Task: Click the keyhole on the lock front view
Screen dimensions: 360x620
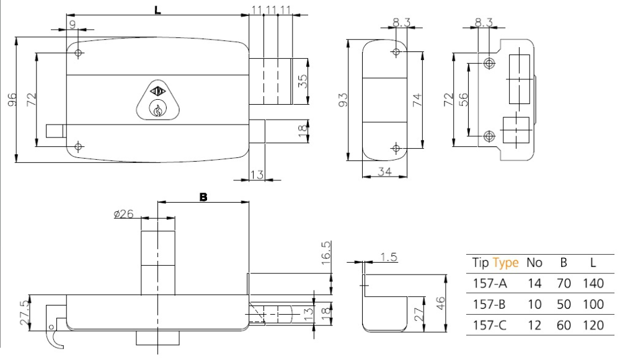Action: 157,110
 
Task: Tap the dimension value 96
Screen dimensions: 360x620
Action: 11,100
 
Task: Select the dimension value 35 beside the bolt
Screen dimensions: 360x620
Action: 303,81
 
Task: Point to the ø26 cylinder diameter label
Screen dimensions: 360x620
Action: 124,214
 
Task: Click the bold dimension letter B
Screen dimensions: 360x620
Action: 203,197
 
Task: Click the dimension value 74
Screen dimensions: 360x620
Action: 417,99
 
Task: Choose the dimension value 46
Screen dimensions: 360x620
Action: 441,302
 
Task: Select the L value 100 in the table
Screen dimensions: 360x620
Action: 593,304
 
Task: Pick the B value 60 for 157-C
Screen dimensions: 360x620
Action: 564,325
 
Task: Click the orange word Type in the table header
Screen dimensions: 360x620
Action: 506,263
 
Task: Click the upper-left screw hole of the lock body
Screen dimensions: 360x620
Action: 78,53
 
